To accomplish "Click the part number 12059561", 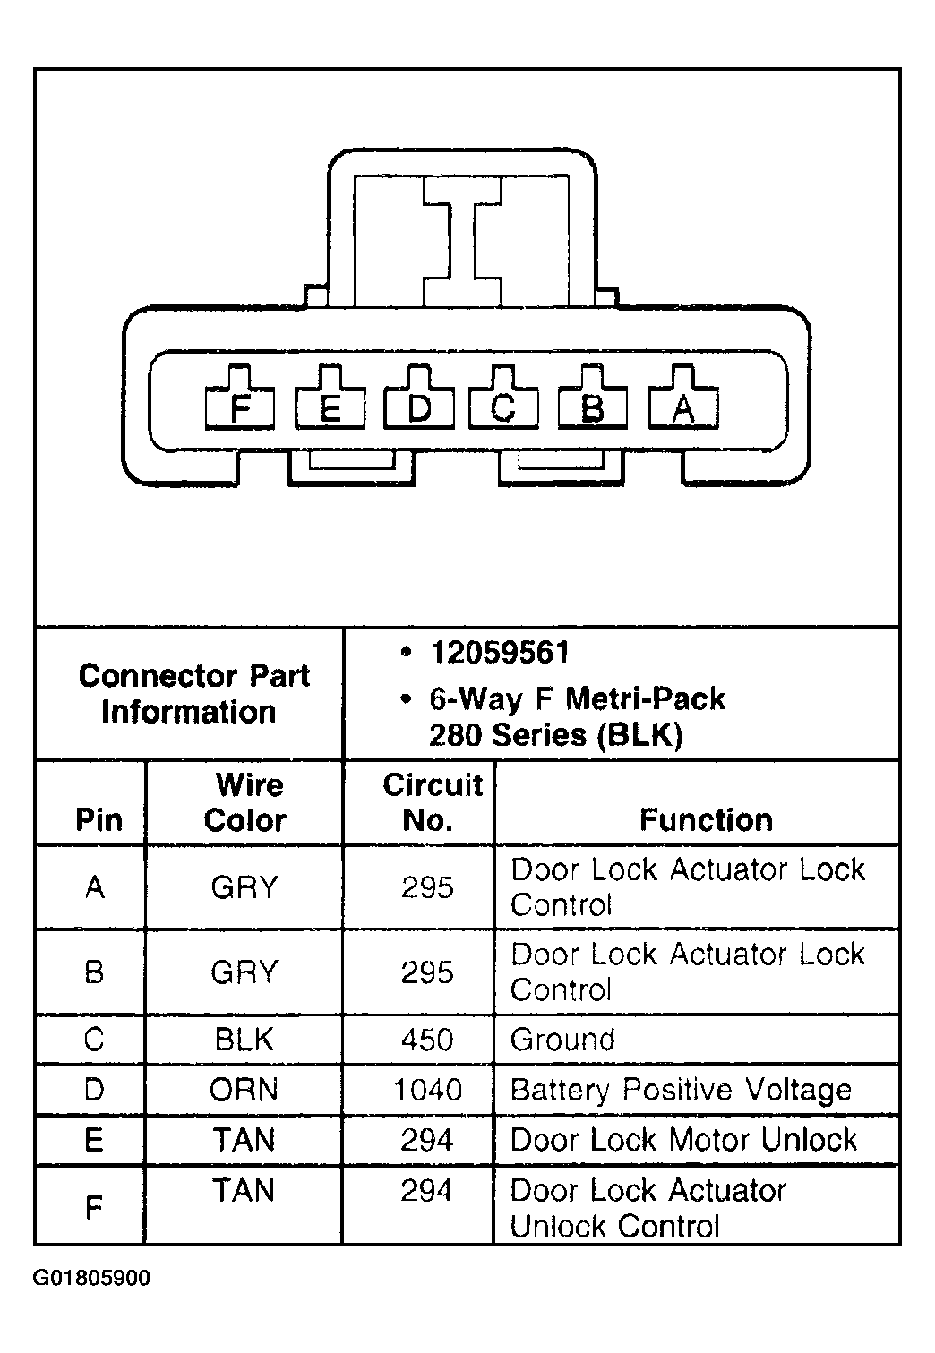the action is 500,653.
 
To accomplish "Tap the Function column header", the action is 706,819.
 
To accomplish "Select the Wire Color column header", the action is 245,802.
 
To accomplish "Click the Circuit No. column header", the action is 433,802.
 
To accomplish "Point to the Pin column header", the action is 99,819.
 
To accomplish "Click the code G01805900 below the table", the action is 91,1279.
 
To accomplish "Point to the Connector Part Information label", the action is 193,693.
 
